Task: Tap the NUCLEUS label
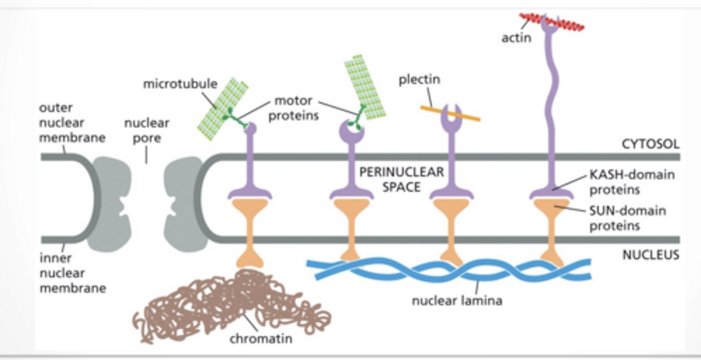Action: tap(650, 254)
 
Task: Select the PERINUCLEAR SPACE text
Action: tap(401, 179)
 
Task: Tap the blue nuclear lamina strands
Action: tap(448, 270)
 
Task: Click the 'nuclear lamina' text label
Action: tap(457, 300)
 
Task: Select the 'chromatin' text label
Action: tap(260, 338)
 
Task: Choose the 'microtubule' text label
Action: tap(180, 84)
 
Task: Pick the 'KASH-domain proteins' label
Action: tap(632, 181)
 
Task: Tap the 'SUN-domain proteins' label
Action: tap(627, 218)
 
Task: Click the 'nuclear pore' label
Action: tap(147, 130)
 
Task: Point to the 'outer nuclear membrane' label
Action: tap(72, 122)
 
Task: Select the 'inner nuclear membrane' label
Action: tap(72, 273)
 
